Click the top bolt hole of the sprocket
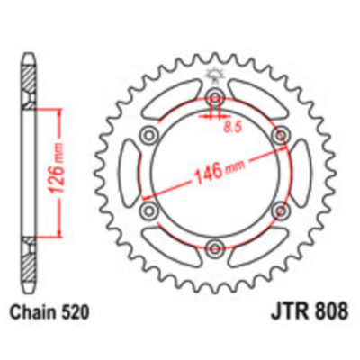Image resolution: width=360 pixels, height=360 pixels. click(x=214, y=98)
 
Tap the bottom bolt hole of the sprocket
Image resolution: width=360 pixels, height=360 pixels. click(x=214, y=247)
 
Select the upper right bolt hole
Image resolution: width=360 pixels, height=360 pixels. click(x=279, y=136)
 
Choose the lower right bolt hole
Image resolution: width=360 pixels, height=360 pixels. click(x=279, y=210)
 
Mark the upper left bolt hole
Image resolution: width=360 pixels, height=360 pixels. click(x=149, y=136)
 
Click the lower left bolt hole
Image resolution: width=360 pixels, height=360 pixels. click(x=149, y=210)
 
